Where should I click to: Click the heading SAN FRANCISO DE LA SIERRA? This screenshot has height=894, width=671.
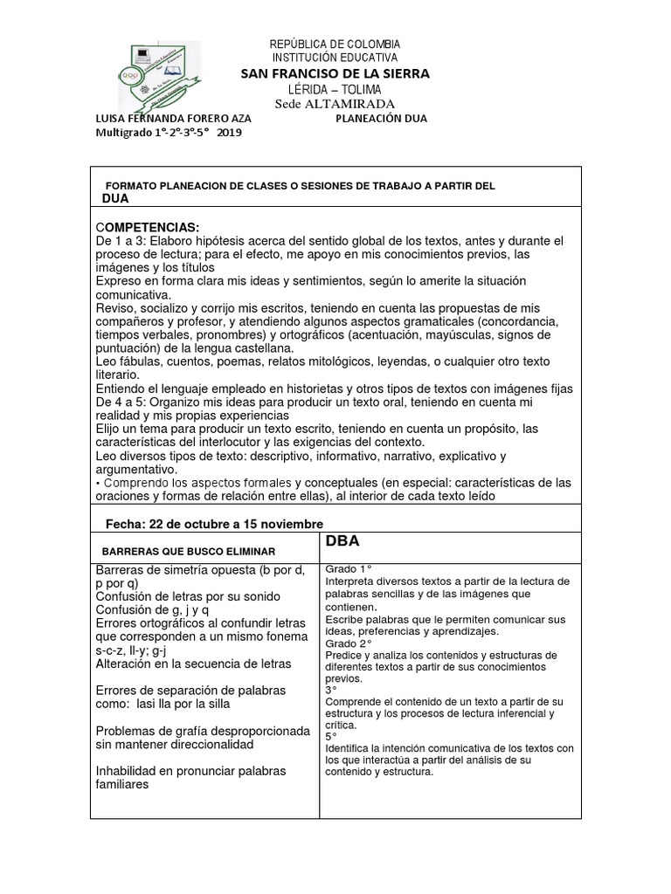335,74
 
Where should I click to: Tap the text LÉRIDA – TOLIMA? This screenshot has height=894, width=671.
335,90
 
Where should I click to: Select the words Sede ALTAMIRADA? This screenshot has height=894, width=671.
335,104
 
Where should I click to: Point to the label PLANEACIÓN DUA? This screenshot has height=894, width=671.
381,119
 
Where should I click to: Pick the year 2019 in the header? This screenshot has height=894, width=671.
230,133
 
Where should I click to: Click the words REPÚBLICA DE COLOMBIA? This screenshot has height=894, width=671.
335,44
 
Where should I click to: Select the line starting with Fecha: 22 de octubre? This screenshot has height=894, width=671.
214,523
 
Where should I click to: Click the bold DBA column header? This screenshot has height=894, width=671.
342,541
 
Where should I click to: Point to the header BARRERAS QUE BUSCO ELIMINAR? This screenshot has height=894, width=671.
189,552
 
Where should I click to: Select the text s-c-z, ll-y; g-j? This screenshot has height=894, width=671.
142,650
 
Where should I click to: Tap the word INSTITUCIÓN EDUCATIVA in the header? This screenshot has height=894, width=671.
335,57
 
